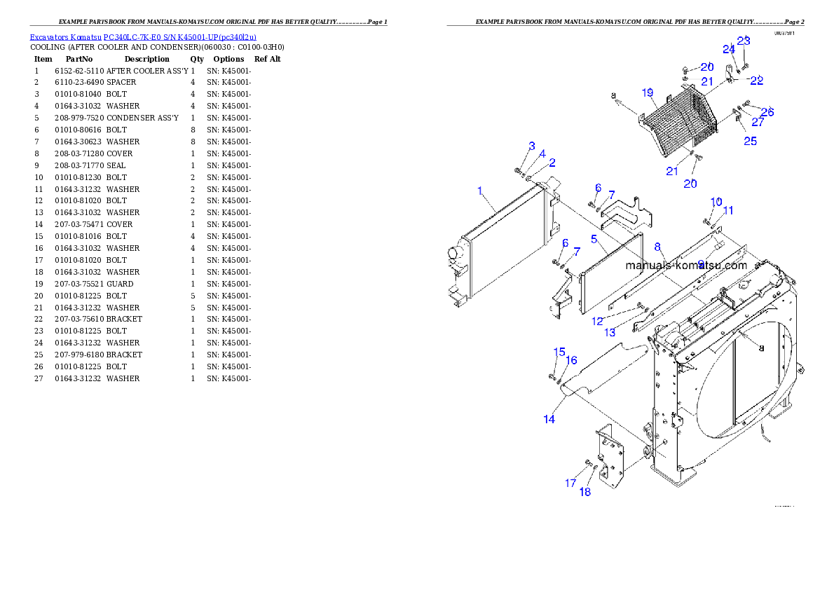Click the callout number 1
pyautogui.click(x=480, y=190)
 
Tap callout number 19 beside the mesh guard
pyautogui.click(x=647, y=92)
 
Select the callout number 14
pyautogui.click(x=549, y=419)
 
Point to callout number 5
pyautogui.click(x=594, y=239)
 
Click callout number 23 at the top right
pyautogui.click(x=743, y=41)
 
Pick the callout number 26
pyautogui.click(x=767, y=111)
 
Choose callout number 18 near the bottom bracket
pyautogui.click(x=585, y=492)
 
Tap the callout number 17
pyautogui.click(x=570, y=483)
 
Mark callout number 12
pyautogui.click(x=597, y=321)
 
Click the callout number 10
pyautogui.click(x=716, y=202)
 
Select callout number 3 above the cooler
pyautogui.click(x=532, y=146)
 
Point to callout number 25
pyautogui.click(x=750, y=142)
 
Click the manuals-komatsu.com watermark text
pyautogui.click(x=686, y=266)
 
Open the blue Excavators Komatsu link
pyautogui.click(x=143, y=37)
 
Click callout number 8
pyautogui.click(x=657, y=247)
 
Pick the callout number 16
pyautogui.click(x=572, y=360)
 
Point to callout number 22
pyautogui.click(x=756, y=81)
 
